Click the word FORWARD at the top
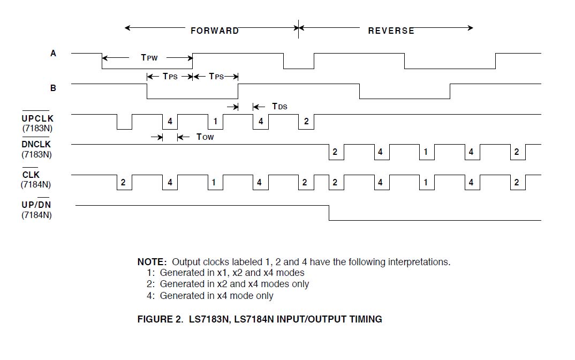(214, 31)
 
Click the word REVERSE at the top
(391, 31)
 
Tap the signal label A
(53, 53)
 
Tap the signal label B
(53, 87)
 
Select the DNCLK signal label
(36, 145)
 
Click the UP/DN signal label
(36, 206)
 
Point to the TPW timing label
(149, 57)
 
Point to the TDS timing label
(279, 106)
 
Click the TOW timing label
(205, 137)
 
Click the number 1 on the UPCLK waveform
(215, 122)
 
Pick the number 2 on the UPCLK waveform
(306, 122)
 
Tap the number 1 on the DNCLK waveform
(426, 152)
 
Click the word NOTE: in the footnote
(152, 262)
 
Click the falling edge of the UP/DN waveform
(329, 213)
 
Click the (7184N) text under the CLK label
(36, 185)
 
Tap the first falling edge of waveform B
(147, 91)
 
